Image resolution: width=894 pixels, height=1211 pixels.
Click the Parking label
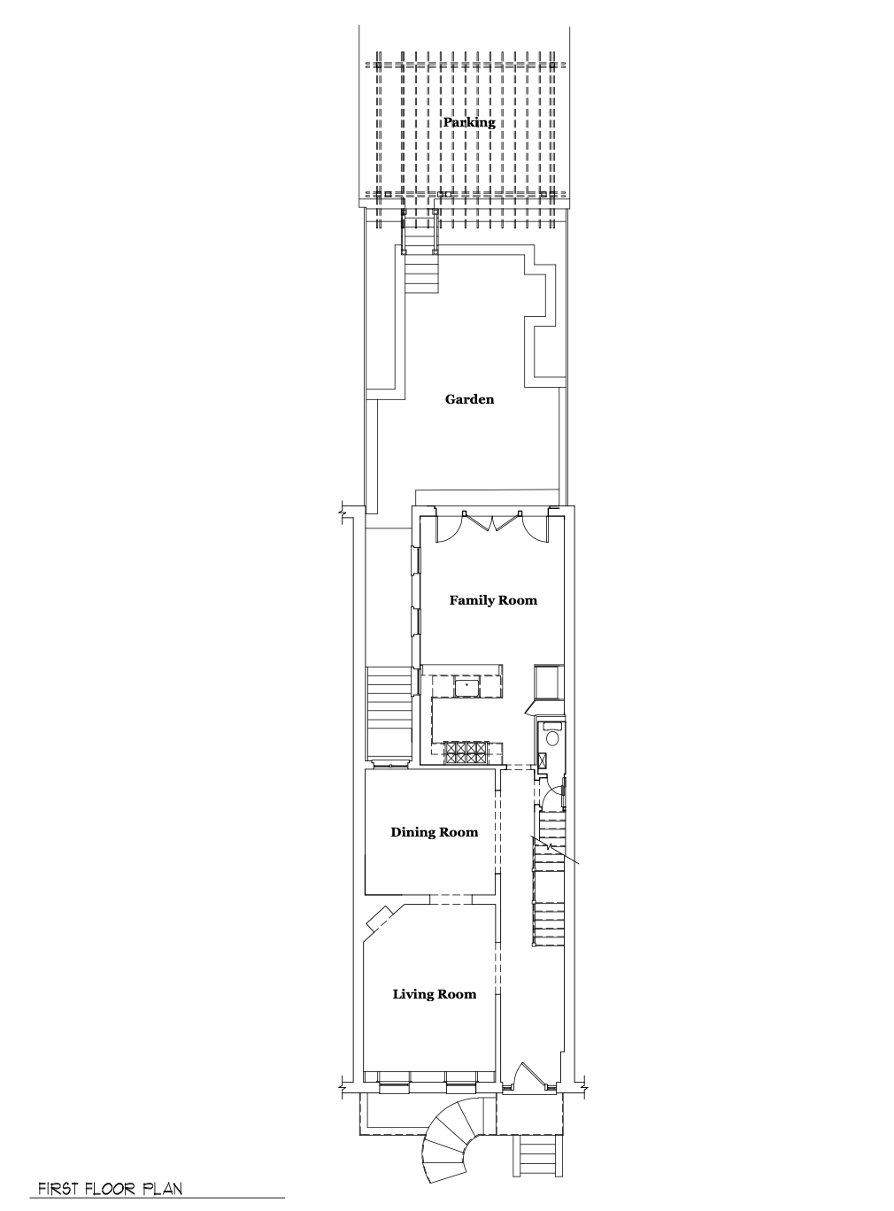point(469,122)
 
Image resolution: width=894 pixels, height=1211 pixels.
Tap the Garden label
point(470,399)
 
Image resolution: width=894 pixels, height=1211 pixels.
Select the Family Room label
point(493,600)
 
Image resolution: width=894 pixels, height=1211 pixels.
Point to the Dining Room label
point(435,833)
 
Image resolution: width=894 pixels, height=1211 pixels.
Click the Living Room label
point(435,994)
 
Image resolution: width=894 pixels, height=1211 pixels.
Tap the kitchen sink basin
point(467,687)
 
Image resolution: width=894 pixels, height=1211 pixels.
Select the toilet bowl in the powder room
point(552,738)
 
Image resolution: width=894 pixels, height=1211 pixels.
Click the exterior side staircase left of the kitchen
point(389,714)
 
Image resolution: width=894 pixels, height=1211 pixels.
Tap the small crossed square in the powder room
point(543,760)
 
